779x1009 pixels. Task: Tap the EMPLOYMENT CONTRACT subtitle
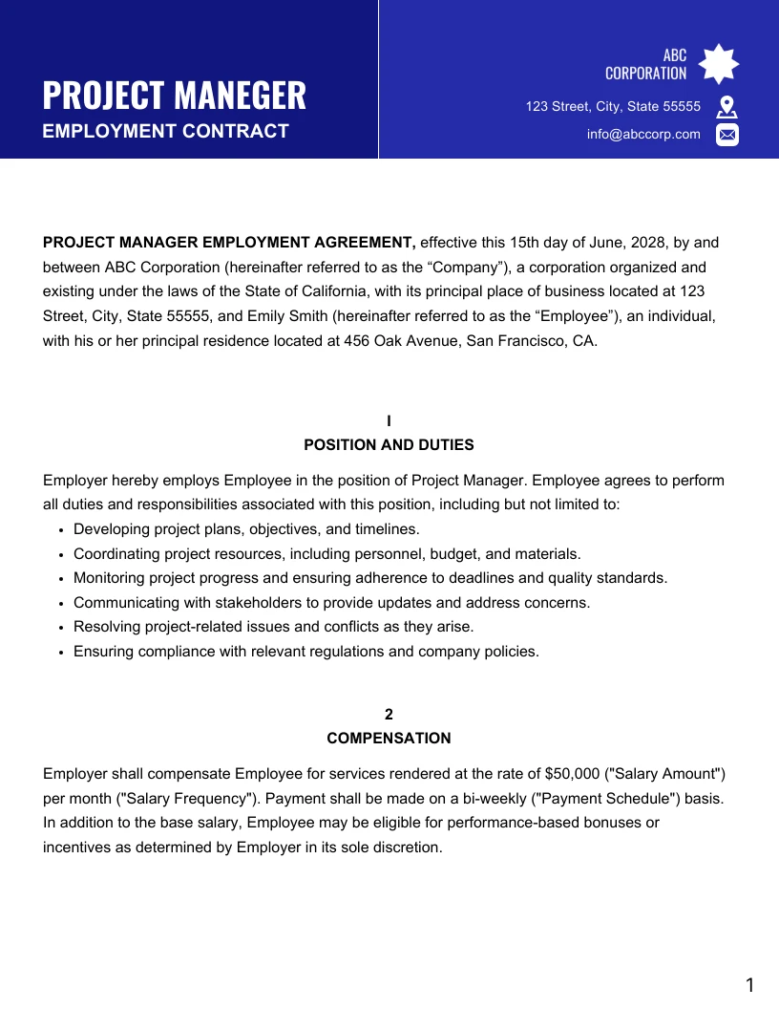pos(165,131)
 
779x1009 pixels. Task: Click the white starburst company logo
pos(719,64)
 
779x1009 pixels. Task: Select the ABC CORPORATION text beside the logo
pos(646,64)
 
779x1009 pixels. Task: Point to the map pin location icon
pos(726,106)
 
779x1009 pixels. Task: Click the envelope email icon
pos(727,135)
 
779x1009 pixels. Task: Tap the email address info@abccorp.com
pos(643,135)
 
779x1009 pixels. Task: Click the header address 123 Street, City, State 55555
pos(613,106)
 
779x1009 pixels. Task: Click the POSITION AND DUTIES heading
pos(389,445)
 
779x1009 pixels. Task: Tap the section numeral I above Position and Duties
pos(389,421)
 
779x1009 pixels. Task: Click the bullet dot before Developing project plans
pos(61,530)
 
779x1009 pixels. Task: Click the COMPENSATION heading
pos(389,739)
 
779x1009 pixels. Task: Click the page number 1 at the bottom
pos(749,985)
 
